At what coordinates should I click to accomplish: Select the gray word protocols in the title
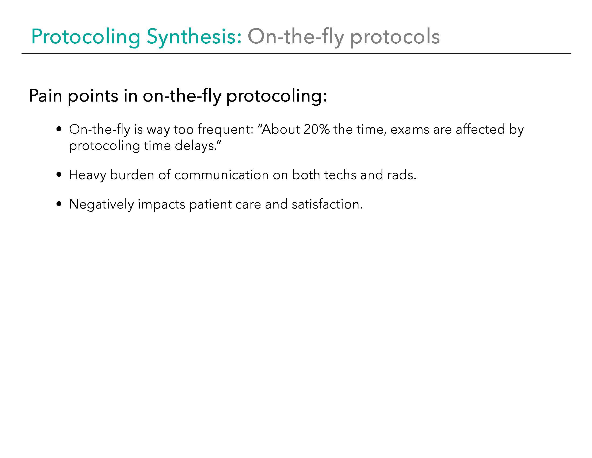click(x=395, y=37)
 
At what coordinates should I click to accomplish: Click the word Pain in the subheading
click(x=46, y=96)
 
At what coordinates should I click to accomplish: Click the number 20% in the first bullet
click(x=316, y=129)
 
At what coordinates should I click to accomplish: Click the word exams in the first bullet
click(x=410, y=130)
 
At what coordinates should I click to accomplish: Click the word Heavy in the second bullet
click(x=87, y=175)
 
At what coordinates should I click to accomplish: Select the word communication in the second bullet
click(x=221, y=175)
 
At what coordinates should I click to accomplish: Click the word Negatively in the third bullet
click(x=101, y=204)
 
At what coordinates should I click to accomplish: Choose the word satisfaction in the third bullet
click(x=327, y=204)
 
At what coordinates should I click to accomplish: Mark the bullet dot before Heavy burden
click(x=59, y=175)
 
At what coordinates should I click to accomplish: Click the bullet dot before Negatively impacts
click(x=59, y=204)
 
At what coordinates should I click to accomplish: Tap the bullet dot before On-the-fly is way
click(x=59, y=129)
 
